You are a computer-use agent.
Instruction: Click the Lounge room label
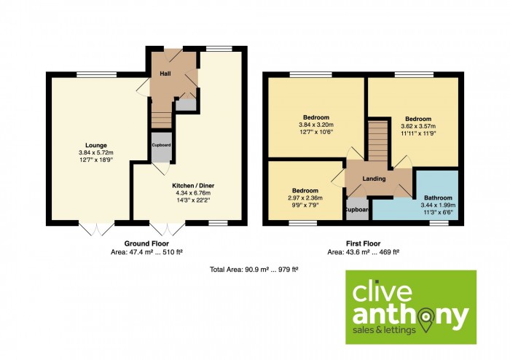pyautogui.click(x=96, y=145)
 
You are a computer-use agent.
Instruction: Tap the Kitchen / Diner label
pyautogui.click(x=193, y=186)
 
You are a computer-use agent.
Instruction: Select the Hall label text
pyautogui.click(x=165, y=74)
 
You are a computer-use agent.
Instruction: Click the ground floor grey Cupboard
pyautogui.click(x=162, y=147)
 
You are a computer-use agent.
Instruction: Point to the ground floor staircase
pyautogui.click(x=161, y=120)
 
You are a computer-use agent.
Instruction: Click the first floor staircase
pyautogui.click(x=377, y=141)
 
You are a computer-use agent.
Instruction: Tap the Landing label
pyautogui.click(x=374, y=179)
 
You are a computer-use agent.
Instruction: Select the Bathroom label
pyautogui.click(x=438, y=197)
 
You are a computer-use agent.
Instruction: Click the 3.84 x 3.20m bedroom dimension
pyautogui.click(x=316, y=125)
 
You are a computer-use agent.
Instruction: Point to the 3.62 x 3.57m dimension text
pyautogui.click(x=418, y=126)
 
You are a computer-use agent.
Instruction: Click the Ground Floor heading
pyautogui.click(x=146, y=243)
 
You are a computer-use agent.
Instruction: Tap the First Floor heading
pyautogui.click(x=364, y=243)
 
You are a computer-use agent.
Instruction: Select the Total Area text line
pyautogui.click(x=254, y=269)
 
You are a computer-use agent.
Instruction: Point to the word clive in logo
pyautogui.click(x=382, y=292)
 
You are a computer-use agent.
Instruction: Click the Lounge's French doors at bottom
pyautogui.click(x=97, y=229)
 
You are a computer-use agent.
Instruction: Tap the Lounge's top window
pyautogui.click(x=97, y=74)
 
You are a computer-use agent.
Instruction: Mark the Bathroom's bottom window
pyautogui.click(x=439, y=223)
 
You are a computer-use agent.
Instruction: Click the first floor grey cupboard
pyautogui.click(x=357, y=209)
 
